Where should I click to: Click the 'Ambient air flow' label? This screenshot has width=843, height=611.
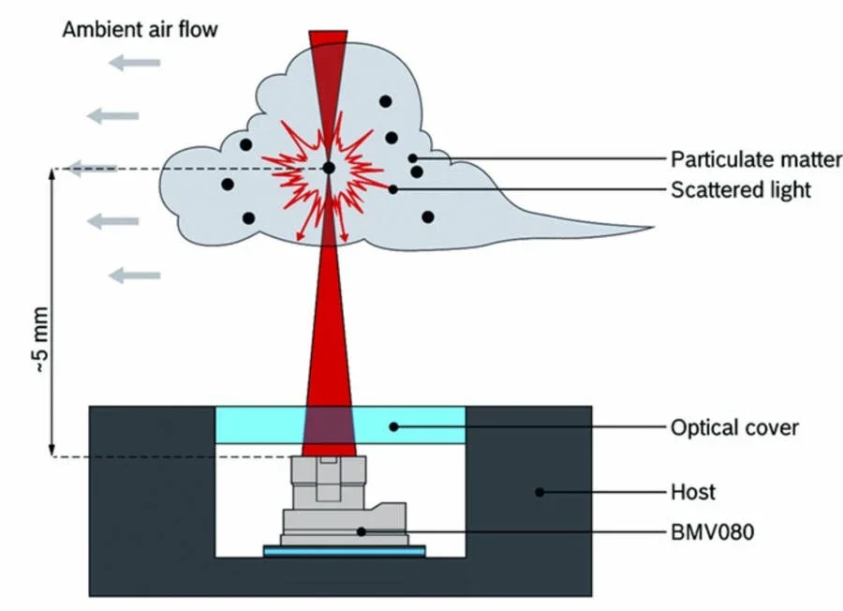pyautogui.click(x=140, y=29)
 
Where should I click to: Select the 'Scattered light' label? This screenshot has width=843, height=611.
pyautogui.click(x=741, y=190)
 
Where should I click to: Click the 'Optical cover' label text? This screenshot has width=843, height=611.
pyautogui.click(x=734, y=427)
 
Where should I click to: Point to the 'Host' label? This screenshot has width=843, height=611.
pyautogui.click(x=693, y=492)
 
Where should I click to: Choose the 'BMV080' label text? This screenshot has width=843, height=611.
pyautogui.click(x=713, y=532)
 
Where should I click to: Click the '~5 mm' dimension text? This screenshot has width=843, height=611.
pyautogui.click(x=41, y=340)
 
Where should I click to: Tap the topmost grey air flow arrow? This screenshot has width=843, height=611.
pyautogui.click(x=134, y=63)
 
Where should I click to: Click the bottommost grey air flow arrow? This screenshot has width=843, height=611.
pyautogui.click(x=134, y=276)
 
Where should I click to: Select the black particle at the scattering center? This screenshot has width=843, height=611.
pyautogui.click(x=329, y=168)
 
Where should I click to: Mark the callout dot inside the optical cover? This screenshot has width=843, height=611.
pyautogui.click(x=393, y=426)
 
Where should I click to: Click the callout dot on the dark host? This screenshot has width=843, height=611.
pyautogui.click(x=540, y=492)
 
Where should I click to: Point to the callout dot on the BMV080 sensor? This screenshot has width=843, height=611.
pyautogui.click(x=362, y=531)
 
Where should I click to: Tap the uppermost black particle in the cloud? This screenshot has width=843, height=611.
pyautogui.click(x=385, y=101)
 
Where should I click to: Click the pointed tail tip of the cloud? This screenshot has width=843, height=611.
pyautogui.click(x=653, y=228)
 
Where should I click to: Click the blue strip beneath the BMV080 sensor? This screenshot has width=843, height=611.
pyautogui.click(x=344, y=552)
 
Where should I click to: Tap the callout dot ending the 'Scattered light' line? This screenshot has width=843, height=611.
pyautogui.click(x=393, y=189)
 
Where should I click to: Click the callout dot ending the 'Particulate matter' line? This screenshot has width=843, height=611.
pyautogui.click(x=412, y=158)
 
